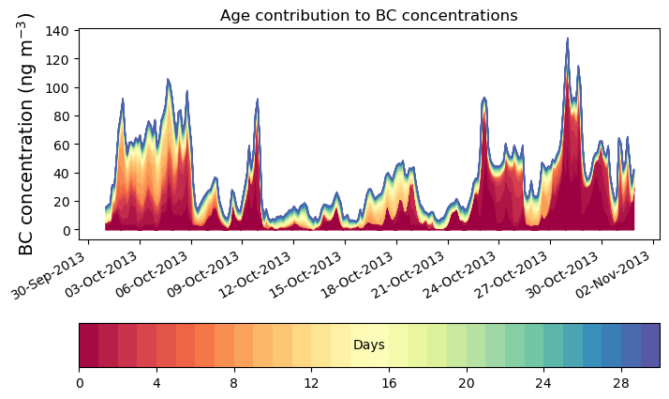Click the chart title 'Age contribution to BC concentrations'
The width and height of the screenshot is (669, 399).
pos(368,15)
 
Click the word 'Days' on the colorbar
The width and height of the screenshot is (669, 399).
pos(368,345)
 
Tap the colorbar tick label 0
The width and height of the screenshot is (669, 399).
pos(80,383)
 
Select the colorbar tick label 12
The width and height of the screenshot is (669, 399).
pos(311,383)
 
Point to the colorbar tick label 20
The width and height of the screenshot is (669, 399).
pos(466,383)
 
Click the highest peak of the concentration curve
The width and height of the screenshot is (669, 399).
pos(567,39)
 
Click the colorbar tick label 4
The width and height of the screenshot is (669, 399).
pos(156,383)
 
